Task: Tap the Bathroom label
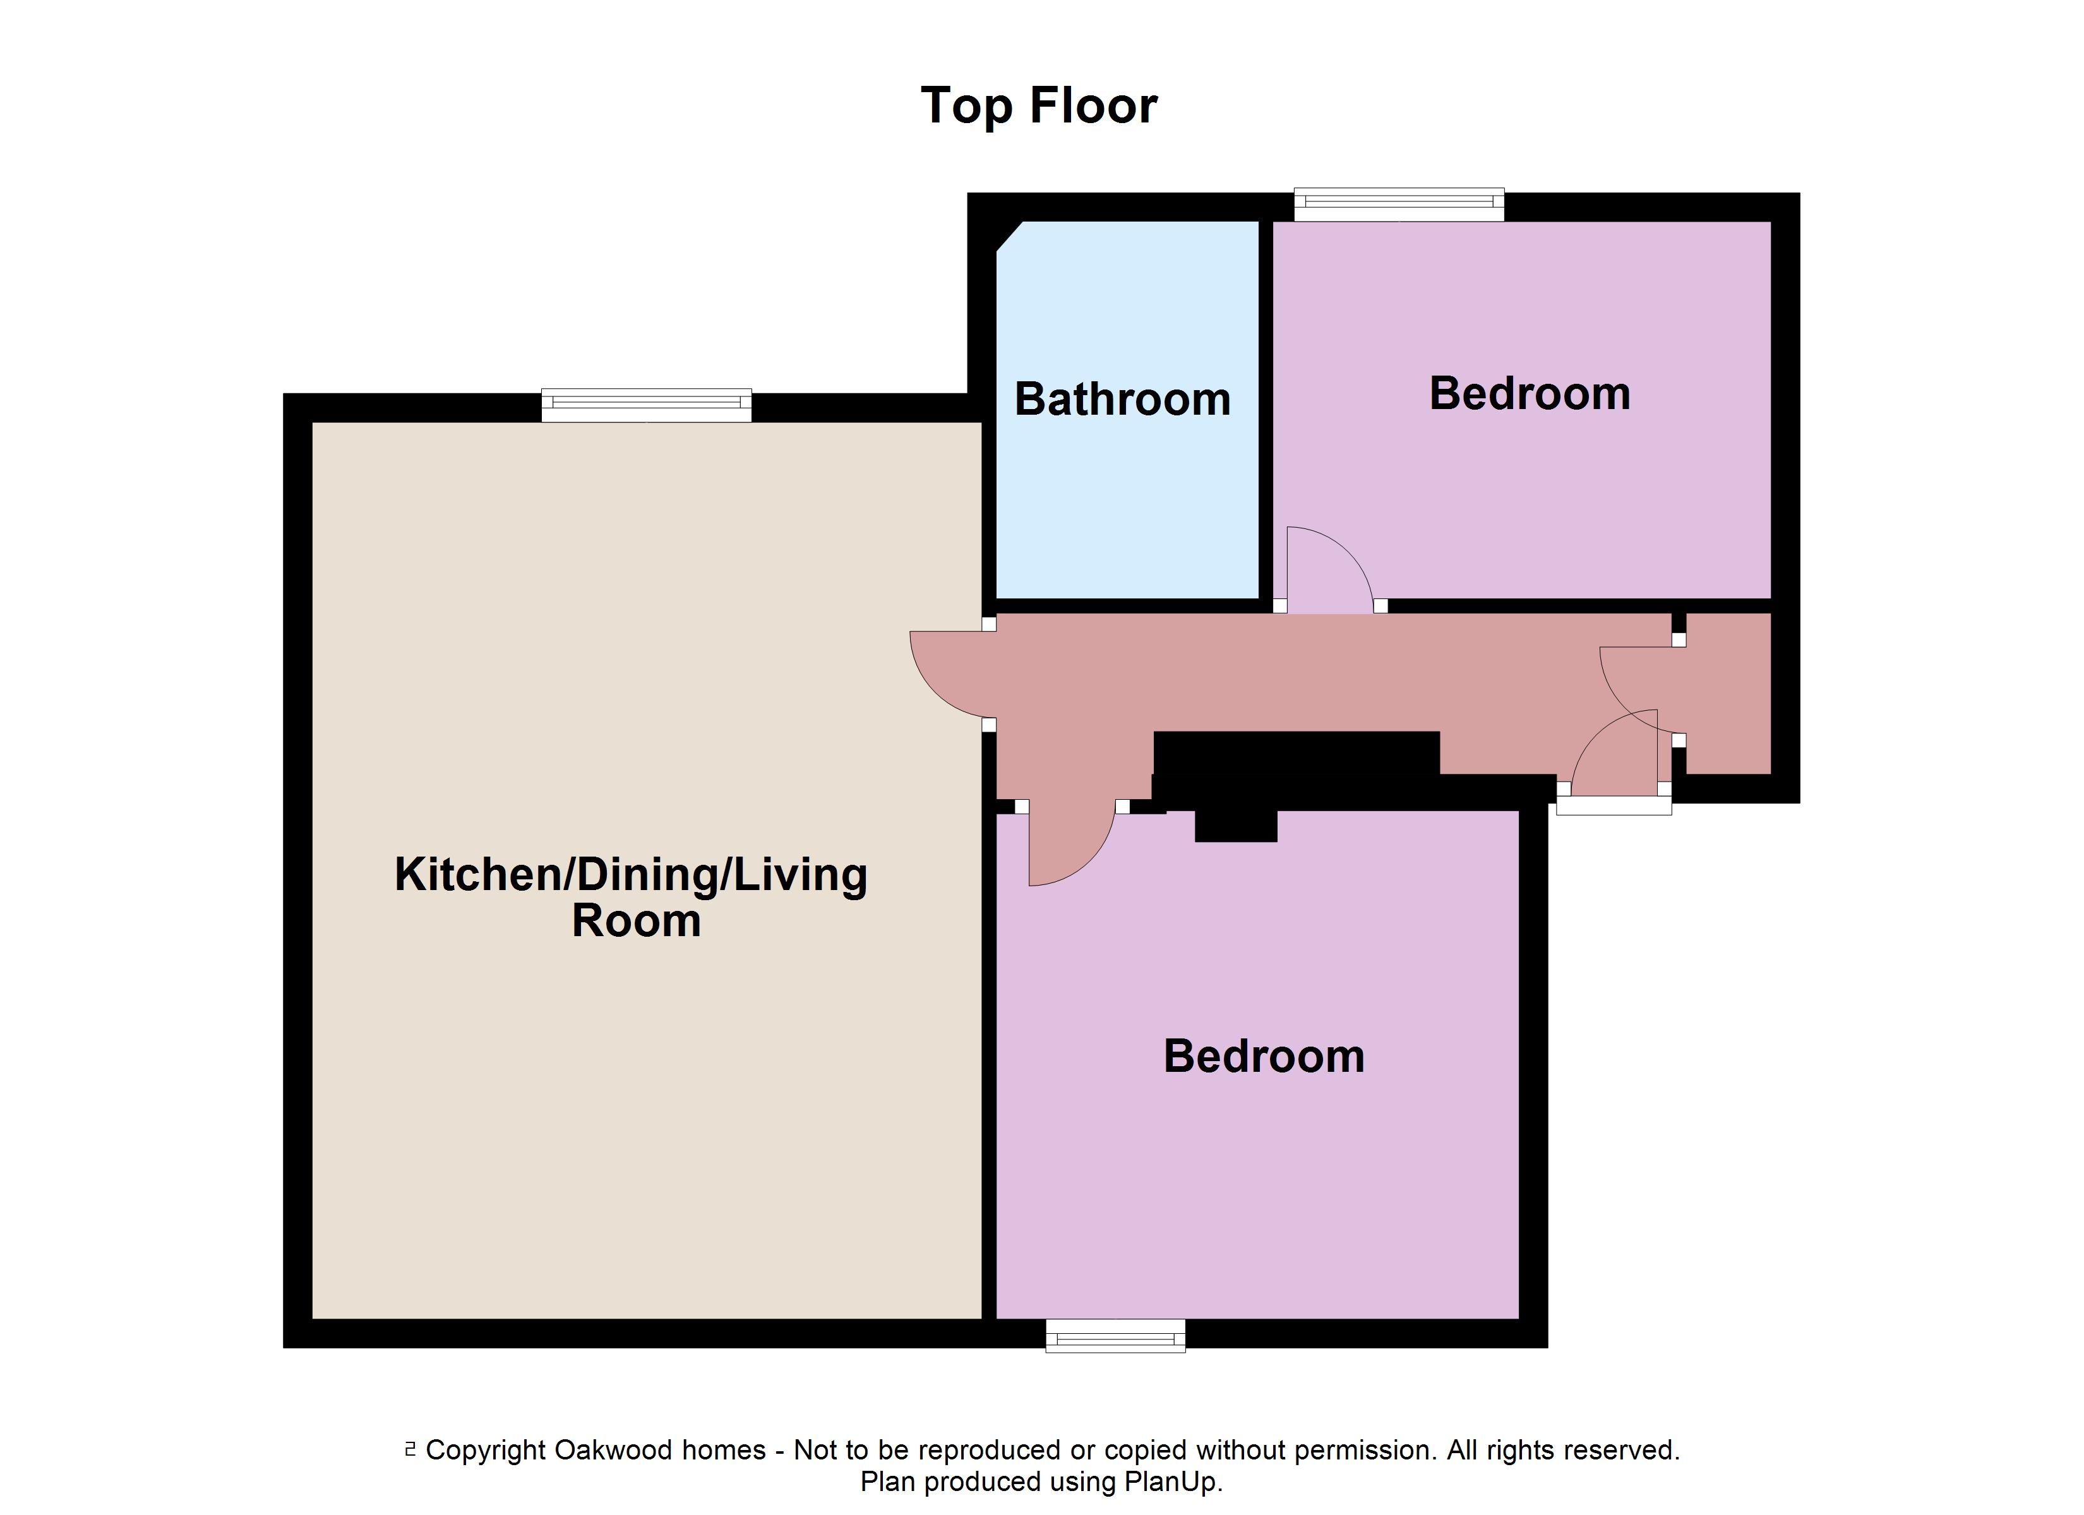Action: tap(1122, 400)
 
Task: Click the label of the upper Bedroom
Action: tap(1530, 394)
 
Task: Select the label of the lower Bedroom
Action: tap(1264, 1057)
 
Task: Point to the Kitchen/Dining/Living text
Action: tap(632, 876)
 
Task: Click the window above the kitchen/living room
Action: tap(646, 405)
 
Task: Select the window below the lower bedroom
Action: tap(1115, 1336)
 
